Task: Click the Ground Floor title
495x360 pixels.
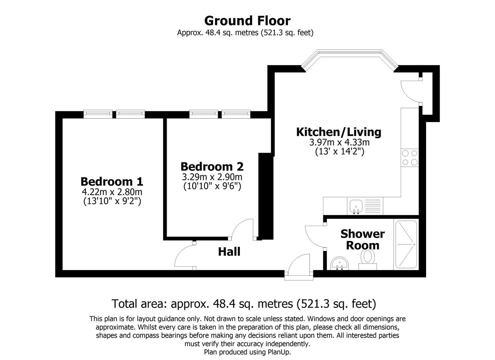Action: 247,21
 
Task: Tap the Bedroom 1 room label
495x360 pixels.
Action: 112,182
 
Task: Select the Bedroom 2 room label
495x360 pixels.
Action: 212,166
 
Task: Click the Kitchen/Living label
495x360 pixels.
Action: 339,132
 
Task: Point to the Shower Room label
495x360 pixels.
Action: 362,240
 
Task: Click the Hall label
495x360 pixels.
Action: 229,252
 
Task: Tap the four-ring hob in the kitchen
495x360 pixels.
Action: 410,158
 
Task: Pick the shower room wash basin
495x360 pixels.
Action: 340,263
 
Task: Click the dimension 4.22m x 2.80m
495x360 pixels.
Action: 112,192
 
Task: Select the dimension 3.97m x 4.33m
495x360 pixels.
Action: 339,143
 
